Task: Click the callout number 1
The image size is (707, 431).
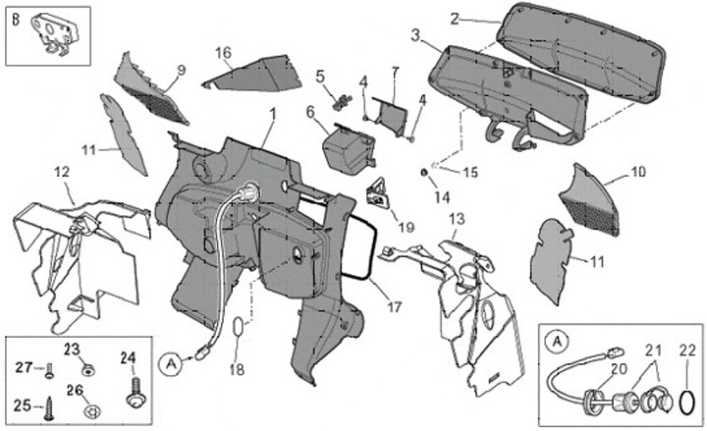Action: point(272,115)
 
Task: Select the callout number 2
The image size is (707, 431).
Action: point(454,18)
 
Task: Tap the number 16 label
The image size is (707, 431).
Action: point(223,52)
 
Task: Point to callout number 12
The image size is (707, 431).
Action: point(61,173)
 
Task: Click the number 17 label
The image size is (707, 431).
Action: point(394,306)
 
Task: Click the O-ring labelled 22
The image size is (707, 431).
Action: point(688,403)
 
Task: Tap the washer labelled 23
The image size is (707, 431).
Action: point(88,371)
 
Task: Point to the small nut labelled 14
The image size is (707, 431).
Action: point(424,173)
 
